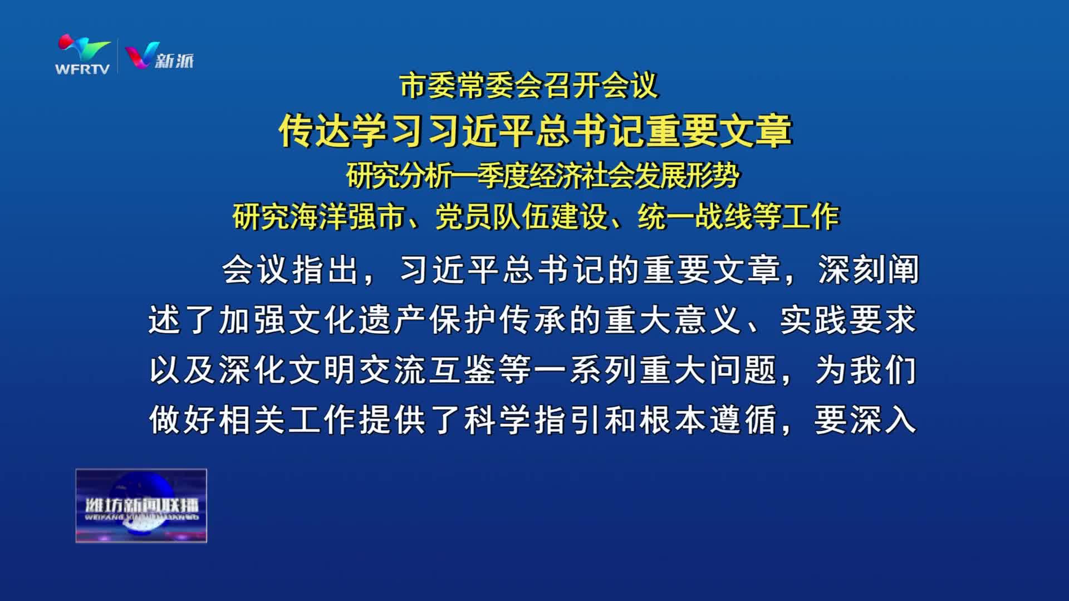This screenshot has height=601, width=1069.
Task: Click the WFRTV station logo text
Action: (82, 69)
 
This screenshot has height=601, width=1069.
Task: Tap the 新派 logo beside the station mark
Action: (160, 56)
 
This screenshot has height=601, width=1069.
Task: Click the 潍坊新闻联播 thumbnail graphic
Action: (141, 505)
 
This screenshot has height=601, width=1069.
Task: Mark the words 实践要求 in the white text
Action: (848, 320)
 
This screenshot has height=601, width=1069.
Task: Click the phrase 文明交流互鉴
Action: (395, 370)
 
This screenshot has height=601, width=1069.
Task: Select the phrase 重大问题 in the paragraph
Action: (709, 370)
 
